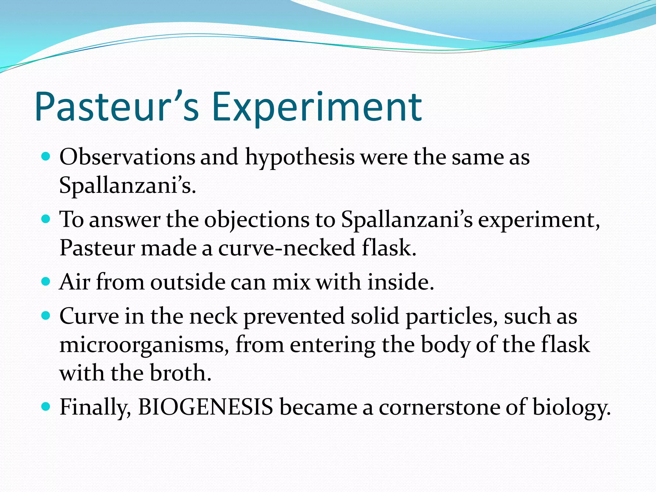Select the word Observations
[x=127, y=157]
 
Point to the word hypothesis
[x=300, y=158]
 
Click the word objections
[x=257, y=220]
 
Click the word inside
[x=400, y=282]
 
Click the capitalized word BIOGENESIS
[x=205, y=407]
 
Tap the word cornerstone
[x=439, y=407]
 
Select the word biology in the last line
[x=571, y=408]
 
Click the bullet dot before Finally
[x=46, y=407]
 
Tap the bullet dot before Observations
[x=46, y=157]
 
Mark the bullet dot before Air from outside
[x=46, y=282]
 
